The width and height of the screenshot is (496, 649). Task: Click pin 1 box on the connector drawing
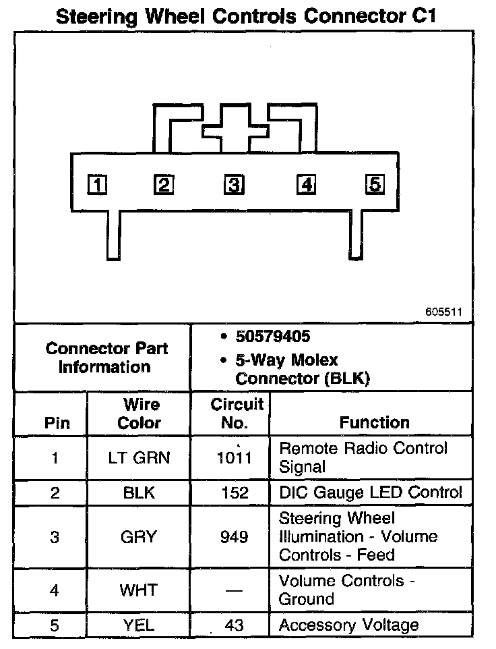click(x=98, y=184)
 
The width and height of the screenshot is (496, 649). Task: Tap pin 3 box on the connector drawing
click(x=233, y=184)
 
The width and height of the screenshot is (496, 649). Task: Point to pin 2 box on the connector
click(x=163, y=184)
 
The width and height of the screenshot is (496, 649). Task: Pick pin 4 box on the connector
click(x=306, y=184)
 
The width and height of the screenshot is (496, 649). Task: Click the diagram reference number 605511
click(x=444, y=312)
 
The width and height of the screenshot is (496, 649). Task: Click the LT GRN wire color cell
click(x=139, y=458)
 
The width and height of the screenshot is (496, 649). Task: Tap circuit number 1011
click(x=234, y=458)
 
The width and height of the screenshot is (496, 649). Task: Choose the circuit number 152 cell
click(x=234, y=493)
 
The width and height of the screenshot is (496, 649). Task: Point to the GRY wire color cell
click(x=139, y=537)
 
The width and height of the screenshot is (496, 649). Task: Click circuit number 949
click(x=234, y=537)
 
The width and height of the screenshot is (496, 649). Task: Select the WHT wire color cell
click(x=139, y=590)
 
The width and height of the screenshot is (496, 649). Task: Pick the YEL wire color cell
click(x=139, y=625)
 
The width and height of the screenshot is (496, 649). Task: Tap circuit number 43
click(x=234, y=625)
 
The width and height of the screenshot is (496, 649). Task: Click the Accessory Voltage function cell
click(x=348, y=625)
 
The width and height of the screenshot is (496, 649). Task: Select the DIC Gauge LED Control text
click(x=371, y=493)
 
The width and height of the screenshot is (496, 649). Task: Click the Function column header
click(x=374, y=423)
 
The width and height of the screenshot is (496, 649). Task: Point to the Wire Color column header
click(x=139, y=414)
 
